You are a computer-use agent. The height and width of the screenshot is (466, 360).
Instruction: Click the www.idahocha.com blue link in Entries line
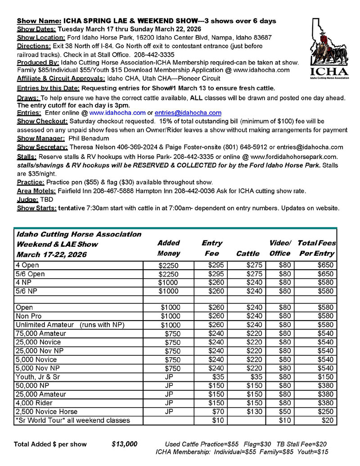(x=117, y=113)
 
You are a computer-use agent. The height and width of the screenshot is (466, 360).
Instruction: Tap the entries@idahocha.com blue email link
(x=188, y=113)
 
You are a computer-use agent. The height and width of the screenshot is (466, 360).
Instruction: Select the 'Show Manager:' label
(x=41, y=139)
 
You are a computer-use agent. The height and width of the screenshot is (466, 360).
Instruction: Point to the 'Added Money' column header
(x=169, y=248)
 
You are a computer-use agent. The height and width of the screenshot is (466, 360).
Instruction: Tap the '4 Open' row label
(x=28, y=265)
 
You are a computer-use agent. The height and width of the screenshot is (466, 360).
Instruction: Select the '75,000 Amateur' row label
(x=41, y=334)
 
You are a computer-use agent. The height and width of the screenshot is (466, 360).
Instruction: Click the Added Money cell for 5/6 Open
(x=169, y=274)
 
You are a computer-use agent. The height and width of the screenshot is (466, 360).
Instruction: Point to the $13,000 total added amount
(x=124, y=444)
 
